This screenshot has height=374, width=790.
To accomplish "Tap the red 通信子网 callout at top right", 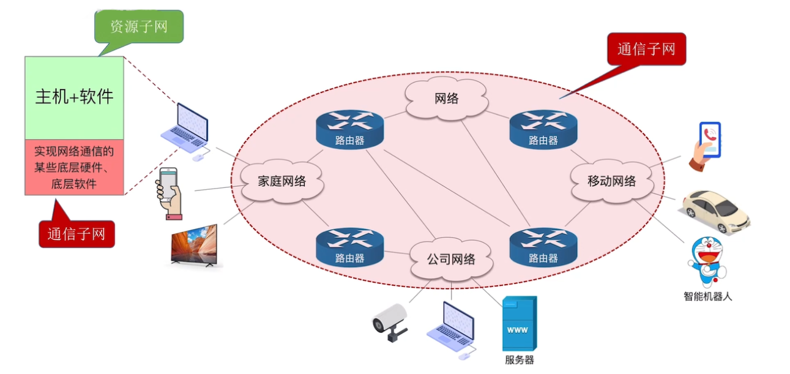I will pyautogui.click(x=646, y=49).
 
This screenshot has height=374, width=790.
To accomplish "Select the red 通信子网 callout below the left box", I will pyautogui.click(x=76, y=234).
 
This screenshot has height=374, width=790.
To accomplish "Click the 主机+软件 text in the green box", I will pyautogui.click(x=74, y=97).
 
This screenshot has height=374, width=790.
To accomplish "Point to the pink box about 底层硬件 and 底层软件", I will pyautogui.click(x=74, y=167).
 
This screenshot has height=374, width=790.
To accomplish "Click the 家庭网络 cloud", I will pyautogui.click(x=281, y=181).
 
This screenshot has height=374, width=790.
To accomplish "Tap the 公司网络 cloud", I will pyautogui.click(x=450, y=259).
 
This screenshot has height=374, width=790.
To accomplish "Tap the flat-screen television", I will pyautogui.click(x=194, y=245).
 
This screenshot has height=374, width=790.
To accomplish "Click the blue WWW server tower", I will pyautogui.click(x=519, y=323).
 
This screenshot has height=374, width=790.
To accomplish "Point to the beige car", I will pyautogui.click(x=714, y=211).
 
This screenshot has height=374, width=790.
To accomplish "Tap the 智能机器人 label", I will pyautogui.click(x=707, y=297).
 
